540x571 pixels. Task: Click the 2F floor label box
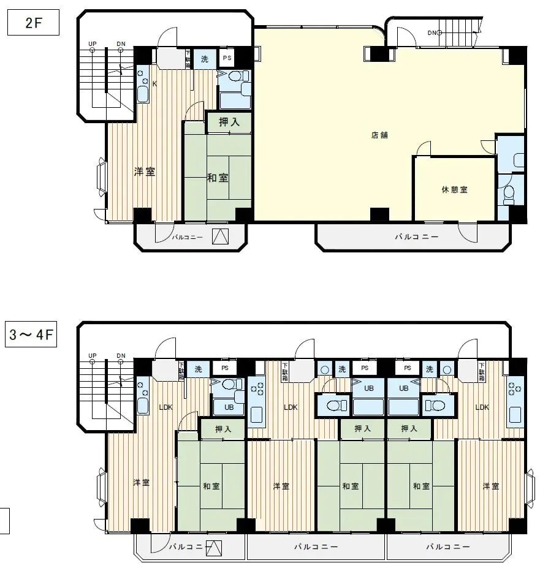click(x=32, y=23)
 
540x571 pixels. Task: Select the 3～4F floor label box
click(x=32, y=336)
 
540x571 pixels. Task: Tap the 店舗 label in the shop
click(x=379, y=135)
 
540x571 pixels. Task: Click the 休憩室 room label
click(x=454, y=190)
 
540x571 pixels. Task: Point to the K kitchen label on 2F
click(x=154, y=84)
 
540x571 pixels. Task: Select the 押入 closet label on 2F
click(x=229, y=122)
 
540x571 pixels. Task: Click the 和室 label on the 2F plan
click(x=218, y=178)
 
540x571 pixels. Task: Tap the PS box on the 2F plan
click(x=227, y=59)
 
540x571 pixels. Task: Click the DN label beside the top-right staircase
click(x=432, y=32)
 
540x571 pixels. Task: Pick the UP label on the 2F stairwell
click(x=92, y=44)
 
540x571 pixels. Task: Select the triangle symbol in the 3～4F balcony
click(x=213, y=547)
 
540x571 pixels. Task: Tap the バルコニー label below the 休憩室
click(x=416, y=236)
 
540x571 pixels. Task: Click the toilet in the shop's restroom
click(x=508, y=194)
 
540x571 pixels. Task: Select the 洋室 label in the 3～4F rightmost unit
click(x=490, y=486)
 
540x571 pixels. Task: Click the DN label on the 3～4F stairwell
click(x=121, y=355)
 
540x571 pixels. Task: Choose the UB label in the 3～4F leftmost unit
click(x=228, y=407)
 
